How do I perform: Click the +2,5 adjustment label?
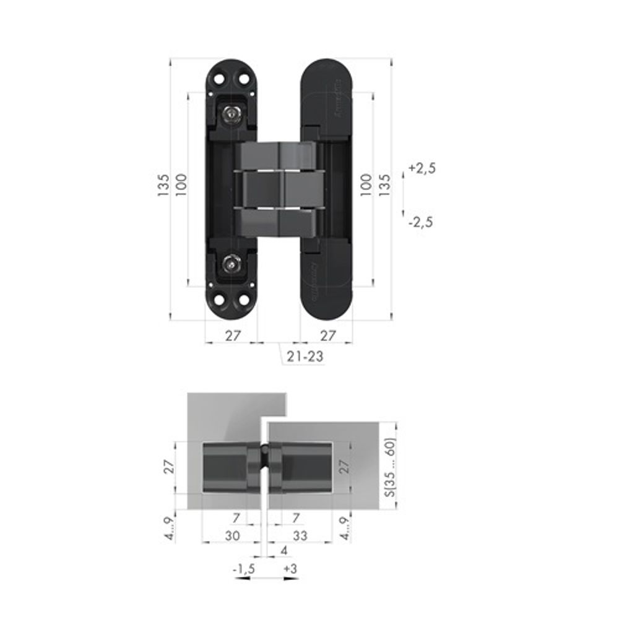423,168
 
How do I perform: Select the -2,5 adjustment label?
421,222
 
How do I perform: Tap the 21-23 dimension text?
305,357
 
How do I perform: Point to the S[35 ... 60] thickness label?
389,465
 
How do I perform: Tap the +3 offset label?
289,568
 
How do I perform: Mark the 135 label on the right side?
384,184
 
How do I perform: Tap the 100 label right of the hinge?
366,184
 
